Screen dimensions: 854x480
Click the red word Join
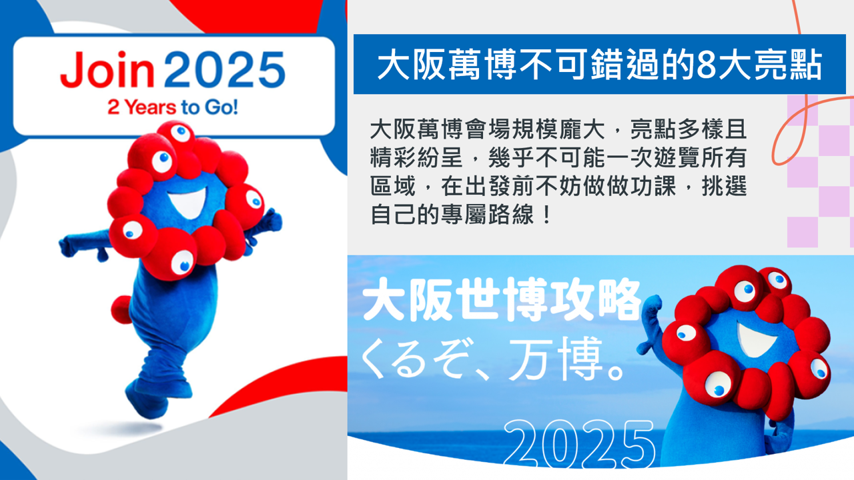coord(107,69)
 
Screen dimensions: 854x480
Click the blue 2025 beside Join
coord(225,70)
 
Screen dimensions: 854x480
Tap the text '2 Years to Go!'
coord(173,107)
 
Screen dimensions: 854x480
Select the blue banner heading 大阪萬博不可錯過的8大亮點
coord(599,64)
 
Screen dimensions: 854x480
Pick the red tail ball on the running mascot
coord(121,309)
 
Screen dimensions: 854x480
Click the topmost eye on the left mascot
coord(180,133)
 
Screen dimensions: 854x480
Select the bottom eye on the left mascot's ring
coord(183,263)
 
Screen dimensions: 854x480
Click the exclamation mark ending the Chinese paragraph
coord(546,215)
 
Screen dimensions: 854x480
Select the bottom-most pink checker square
coord(803,232)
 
